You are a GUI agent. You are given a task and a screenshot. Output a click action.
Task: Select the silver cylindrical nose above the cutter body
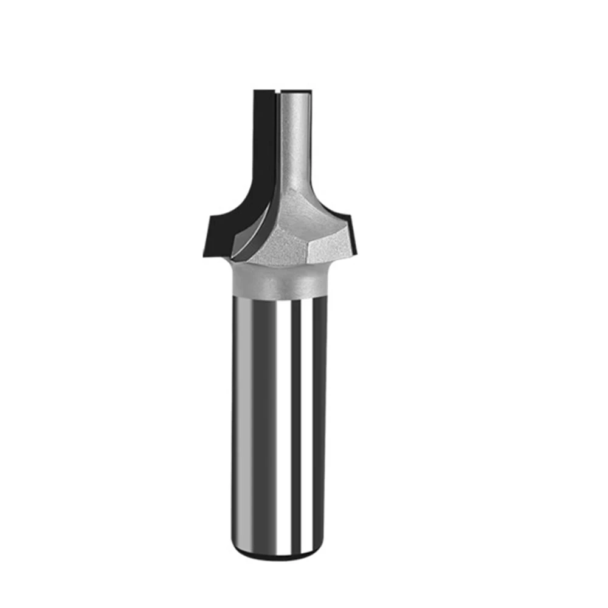(x=295, y=140)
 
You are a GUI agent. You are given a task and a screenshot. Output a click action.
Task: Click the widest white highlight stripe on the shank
(x=283, y=426)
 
